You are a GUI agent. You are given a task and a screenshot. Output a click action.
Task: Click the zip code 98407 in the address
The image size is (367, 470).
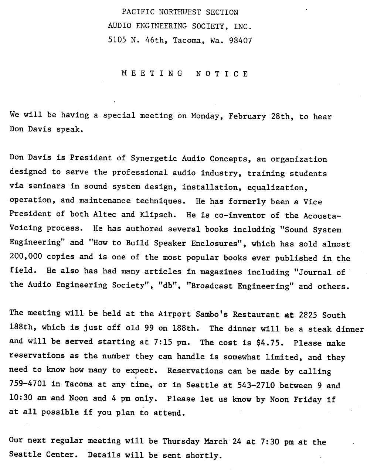240,40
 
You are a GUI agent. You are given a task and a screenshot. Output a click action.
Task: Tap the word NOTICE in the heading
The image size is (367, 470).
222,74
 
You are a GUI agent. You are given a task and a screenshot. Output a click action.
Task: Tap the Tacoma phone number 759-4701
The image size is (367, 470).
28,385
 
